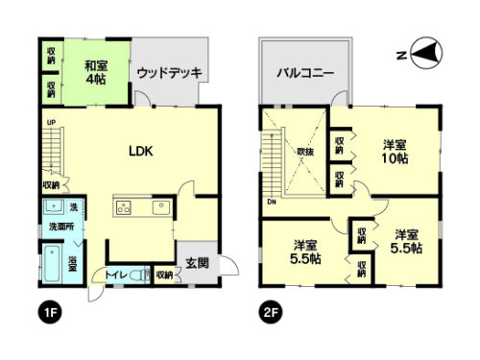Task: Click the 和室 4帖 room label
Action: (x=94, y=73)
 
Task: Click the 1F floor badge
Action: (x=46, y=312)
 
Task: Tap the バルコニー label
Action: (x=305, y=72)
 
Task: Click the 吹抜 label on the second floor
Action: (x=305, y=151)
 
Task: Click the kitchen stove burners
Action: (x=124, y=206)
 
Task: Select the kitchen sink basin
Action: (x=160, y=206)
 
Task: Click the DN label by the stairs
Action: (x=272, y=202)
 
